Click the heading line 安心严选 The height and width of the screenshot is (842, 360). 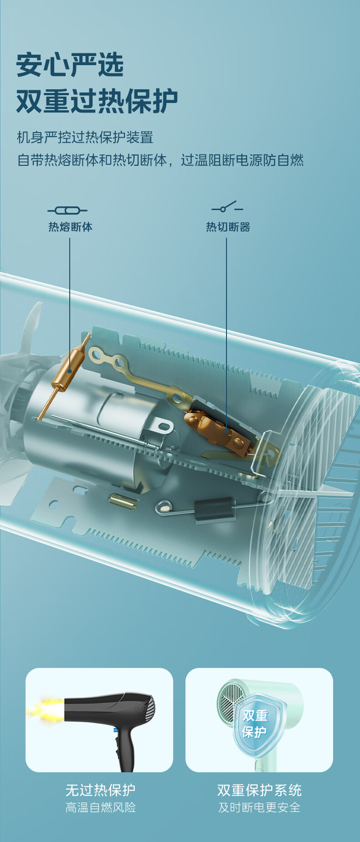70,64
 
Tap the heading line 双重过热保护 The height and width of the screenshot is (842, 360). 97,101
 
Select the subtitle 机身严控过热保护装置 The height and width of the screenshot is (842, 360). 85,137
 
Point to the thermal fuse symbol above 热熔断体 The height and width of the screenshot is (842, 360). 67,210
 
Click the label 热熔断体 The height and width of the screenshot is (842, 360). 71,226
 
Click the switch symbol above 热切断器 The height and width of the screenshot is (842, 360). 227,207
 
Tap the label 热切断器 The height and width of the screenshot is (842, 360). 228,226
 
